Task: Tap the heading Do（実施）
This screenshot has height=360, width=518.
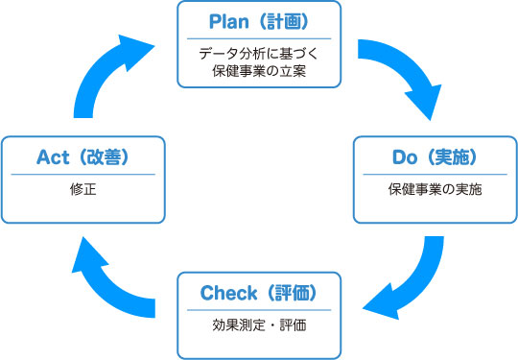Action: [436, 156]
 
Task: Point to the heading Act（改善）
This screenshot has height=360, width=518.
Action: [82, 156]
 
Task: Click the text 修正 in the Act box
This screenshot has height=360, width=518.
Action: [82, 189]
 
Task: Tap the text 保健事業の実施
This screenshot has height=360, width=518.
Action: [436, 189]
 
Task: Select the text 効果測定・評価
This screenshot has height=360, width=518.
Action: [258, 324]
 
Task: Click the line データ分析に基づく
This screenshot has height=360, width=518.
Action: [258, 54]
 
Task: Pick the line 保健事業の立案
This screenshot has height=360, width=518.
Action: [258, 71]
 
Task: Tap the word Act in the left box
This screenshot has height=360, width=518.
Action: [53, 156]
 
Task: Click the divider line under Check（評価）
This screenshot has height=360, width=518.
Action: [258, 309]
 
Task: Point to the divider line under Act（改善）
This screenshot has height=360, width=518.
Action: [82, 174]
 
